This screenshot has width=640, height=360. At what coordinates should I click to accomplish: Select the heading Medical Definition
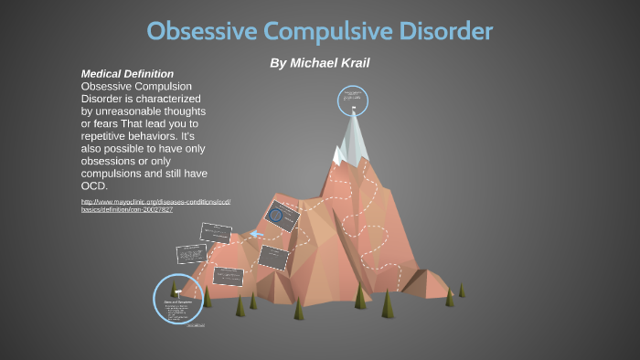click(127, 73)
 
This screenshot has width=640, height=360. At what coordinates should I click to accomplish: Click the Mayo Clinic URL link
click(155, 205)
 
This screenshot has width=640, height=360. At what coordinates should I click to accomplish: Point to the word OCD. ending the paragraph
click(95, 185)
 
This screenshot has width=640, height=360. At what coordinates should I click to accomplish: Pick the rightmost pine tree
click(461, 290)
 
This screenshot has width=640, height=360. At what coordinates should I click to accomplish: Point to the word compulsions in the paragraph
click(118, 174)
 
